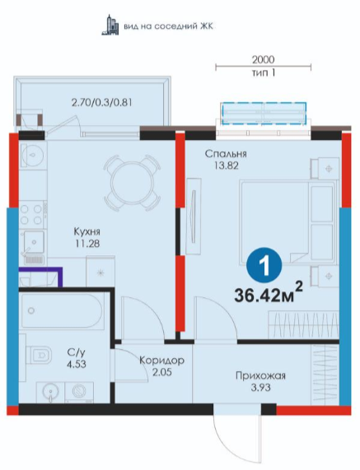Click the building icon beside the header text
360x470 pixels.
pyautogui.click(x=110, y=25)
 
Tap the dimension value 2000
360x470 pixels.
pyautogui.click(x=263, y=59)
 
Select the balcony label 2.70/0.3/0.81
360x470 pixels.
pyautogui.click(x=101, y=103)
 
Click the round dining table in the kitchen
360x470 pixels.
pyautogui.click(x=132, y=183)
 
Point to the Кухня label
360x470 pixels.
pyautogui.click(x=87, y=231)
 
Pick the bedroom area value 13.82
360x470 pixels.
pyautogui.click(x=227, y=165)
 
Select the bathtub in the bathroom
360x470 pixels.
pyautogui.click(x=62, y=310)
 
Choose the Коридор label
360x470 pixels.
pyautogui.click(x=161, y=360)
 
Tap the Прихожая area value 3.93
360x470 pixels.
pyautogui.click(x=260, y=388)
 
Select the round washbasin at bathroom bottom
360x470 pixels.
pyautogui.click(x=50, y=392)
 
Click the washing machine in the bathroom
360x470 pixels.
pyautogui.click(x=79, y=392)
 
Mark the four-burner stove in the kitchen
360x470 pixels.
pyautogui.click(x=31, y=214)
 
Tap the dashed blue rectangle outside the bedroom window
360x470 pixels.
pyautogui.click(x=264, y=113)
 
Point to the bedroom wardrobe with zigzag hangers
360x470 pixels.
pyautogui.click(x=303, y=325)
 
